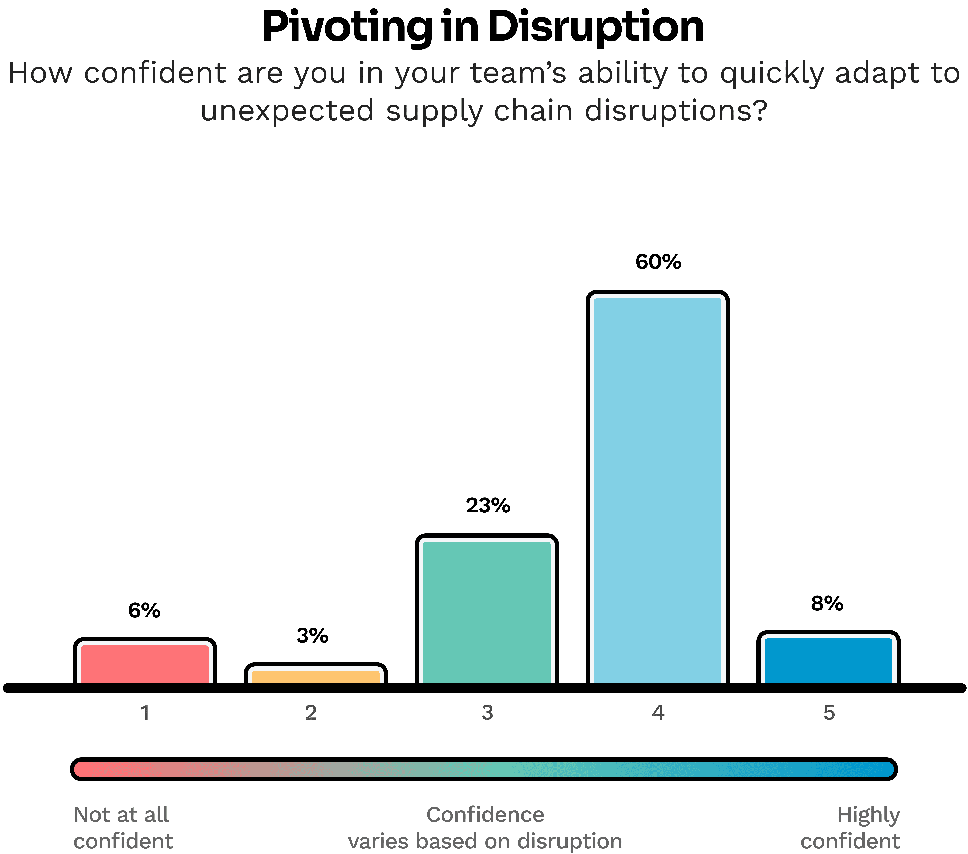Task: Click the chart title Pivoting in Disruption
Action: pos(483,27)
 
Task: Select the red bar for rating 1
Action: pos(145,664)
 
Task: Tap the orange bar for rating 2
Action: pos(316,676)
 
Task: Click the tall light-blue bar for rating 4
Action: pos(657,490)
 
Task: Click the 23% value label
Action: pos(488,506)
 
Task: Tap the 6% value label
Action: pos(144,610)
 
